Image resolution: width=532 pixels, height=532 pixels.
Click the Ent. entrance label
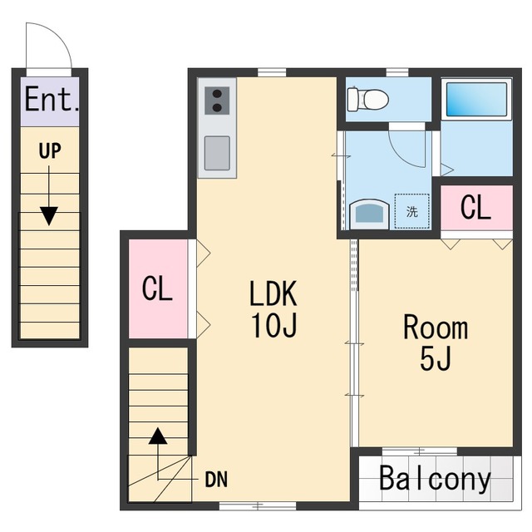tap(52, 99)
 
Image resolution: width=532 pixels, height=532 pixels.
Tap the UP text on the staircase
tap(50, 151)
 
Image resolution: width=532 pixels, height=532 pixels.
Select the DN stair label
tap(216, 480)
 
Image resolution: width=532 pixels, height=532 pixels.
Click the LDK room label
tap(273, 293)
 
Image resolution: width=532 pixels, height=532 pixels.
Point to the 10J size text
tap(273, 325)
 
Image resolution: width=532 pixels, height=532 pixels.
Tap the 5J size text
tap(436, 359)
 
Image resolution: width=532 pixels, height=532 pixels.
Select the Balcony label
tap(435, 479)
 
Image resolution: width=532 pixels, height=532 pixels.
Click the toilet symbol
tap(367, 99)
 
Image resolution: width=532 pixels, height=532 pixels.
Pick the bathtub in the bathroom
tap(476, 99)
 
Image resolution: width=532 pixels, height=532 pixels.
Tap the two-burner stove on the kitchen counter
tap(217, 101)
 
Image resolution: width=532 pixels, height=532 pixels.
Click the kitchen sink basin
tap(217, 153)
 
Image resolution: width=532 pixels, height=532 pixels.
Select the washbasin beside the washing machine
tap(369, 214)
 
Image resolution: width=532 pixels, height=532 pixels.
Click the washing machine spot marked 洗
tap(412, 211)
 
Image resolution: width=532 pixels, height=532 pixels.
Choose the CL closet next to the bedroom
tap(476, 207)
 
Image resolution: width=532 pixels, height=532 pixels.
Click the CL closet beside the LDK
tap(158, 288)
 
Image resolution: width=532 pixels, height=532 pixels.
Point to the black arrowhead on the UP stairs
tap(49, 216)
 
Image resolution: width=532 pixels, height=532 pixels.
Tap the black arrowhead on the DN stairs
tap(158, 436)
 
